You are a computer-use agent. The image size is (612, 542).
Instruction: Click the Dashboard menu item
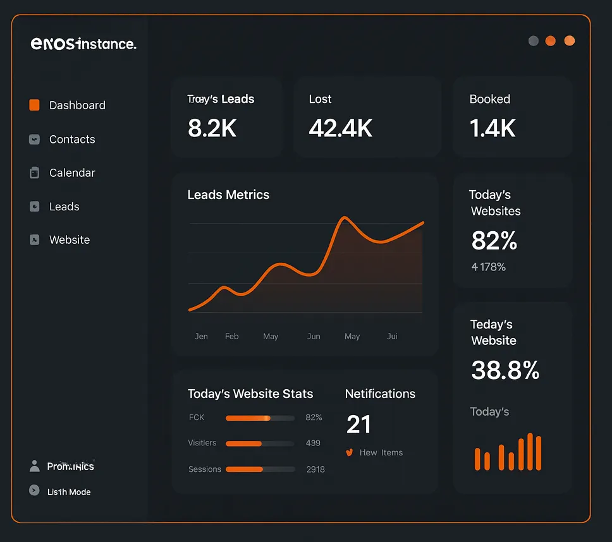click(x=77, y=105)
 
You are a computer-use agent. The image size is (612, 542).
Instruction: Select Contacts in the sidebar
click(x=72, y=140)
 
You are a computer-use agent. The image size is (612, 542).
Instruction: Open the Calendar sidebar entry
click(x=72, y=173)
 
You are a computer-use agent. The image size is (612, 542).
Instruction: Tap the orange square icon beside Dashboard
click(x=35, y=105)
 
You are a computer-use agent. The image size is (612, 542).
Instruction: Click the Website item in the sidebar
click(x=70, y=240)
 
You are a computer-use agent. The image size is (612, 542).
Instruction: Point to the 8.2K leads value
click(x=212, y=128)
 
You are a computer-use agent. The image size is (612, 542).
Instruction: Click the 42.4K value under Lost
click(x=340, y=128)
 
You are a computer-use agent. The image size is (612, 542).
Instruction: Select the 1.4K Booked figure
click(x=493, y=128)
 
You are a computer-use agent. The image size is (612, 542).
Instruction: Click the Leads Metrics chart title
click(x=228, y=195)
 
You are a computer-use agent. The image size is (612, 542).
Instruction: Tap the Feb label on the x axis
click(x=232, y=337)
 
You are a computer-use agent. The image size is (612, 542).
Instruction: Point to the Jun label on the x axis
click(x=314, y=337)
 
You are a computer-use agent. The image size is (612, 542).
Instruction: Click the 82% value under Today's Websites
click(x=494, y=241)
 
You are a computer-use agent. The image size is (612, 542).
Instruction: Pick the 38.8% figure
click(x=505, y=371)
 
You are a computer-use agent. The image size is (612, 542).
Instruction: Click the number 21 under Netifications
click(x=358, y=425)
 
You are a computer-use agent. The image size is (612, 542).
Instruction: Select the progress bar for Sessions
click(x=260, y=469)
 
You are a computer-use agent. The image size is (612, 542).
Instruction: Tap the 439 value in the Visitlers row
click(x=313, y=443)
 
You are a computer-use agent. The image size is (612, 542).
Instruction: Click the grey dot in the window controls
click(x=534, y=41)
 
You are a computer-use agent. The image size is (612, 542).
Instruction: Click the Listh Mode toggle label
click(x=69, y=492)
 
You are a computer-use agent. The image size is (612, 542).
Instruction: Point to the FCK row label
click(x=197, y=418)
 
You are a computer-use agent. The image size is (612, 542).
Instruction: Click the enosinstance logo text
click(x=83, y=44)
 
